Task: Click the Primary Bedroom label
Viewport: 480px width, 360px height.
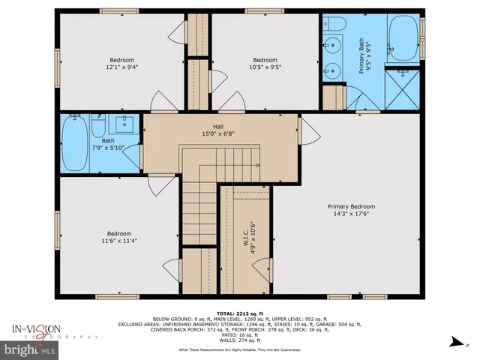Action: (350, 206)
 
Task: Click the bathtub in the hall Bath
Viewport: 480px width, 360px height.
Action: (74, 143)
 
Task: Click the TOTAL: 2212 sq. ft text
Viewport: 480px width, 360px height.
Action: (240, 312)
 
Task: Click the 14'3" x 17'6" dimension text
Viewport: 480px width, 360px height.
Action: (350, 214)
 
